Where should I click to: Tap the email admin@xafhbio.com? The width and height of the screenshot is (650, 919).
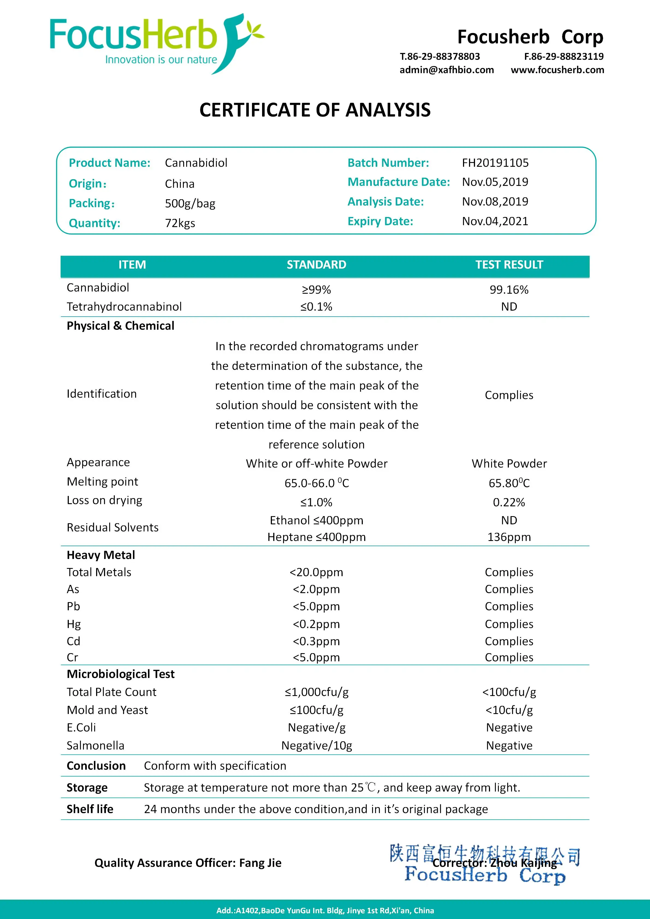[x=446, y=70]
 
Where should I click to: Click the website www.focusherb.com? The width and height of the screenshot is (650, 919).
[x=557, y=70]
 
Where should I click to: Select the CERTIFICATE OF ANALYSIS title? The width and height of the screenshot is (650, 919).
[x=315, y=110]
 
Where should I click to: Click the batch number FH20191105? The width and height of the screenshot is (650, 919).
[x=495, y=163]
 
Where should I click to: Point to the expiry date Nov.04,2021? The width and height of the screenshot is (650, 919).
[x=495, y=221]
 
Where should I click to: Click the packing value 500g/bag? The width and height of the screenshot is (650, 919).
[x=190, y=204]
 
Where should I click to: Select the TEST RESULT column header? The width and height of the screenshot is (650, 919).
[x=509, y=265]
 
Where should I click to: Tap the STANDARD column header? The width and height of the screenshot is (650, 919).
[x=316, y=265]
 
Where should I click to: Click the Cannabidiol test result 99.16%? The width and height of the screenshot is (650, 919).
[x=509, y=290]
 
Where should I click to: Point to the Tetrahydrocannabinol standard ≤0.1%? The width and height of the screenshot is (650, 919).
[x=316, y=307]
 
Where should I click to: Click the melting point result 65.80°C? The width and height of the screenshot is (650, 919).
[x=509, y=483]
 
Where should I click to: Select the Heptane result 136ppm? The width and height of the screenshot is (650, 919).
[x=509, y=537]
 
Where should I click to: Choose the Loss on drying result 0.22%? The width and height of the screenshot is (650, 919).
[x=509, y=503]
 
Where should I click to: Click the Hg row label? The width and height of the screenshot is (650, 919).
[x=74, y=624]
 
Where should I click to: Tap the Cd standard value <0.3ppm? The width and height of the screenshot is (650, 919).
[x=316, y=642]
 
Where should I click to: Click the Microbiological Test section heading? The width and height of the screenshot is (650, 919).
[x=120, y=674]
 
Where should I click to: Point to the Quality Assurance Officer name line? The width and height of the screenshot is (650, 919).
[x=188, y=863]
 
